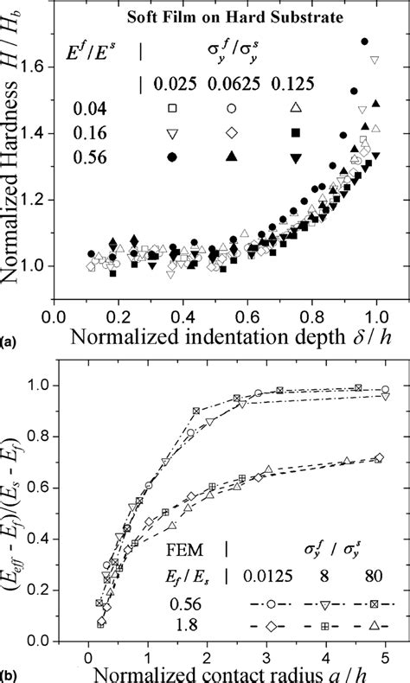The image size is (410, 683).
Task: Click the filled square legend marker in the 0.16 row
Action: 295,133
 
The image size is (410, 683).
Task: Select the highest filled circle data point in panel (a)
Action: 365,41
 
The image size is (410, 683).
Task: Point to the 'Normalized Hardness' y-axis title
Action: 15,173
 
